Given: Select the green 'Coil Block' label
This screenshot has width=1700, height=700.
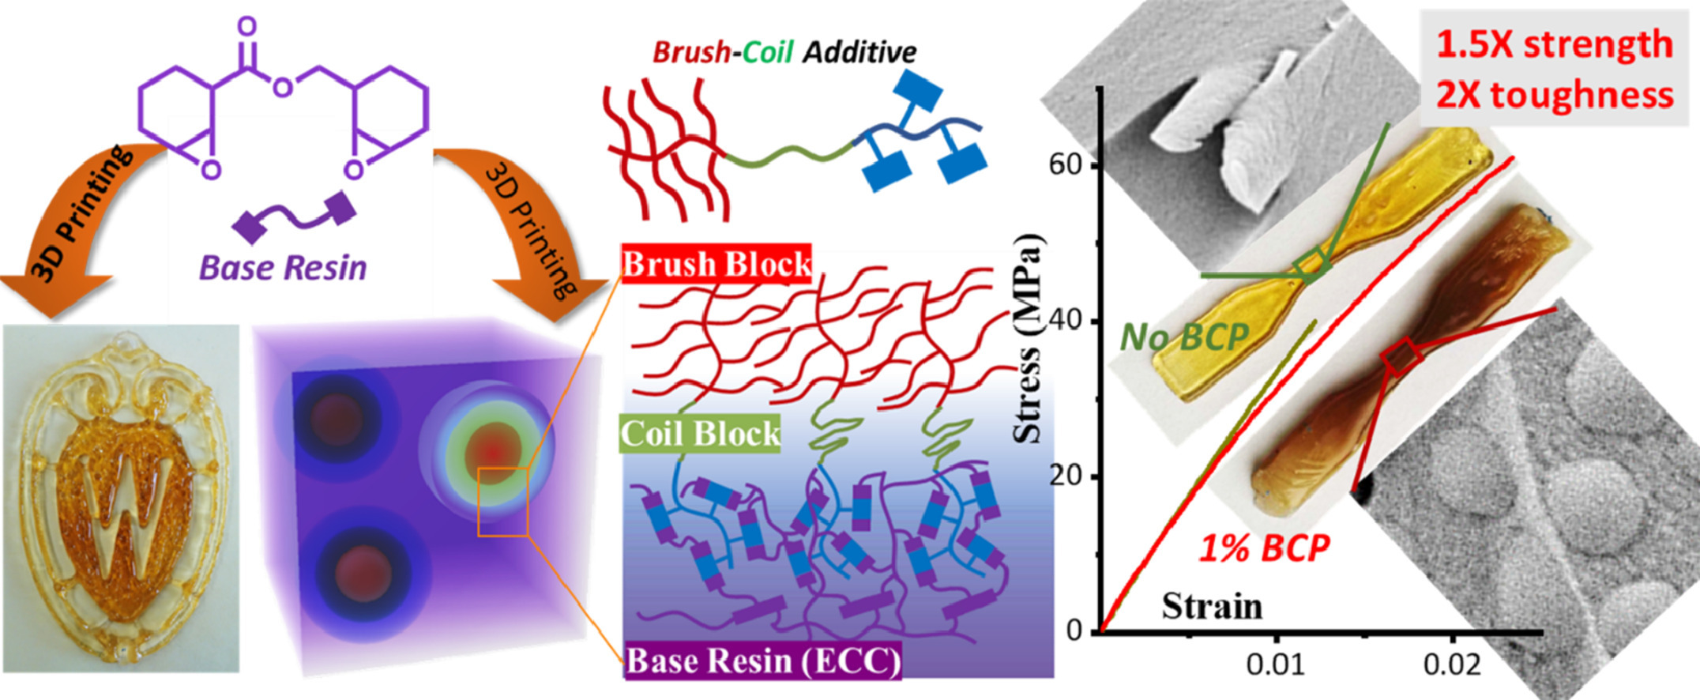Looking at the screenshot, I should pos(700,434).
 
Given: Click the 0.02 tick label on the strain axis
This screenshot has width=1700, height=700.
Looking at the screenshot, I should pos(1452,664).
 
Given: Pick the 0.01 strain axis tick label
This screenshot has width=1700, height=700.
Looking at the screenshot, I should pos(1275,664).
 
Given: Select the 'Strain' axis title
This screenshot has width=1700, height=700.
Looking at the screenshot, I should pos(1212,607).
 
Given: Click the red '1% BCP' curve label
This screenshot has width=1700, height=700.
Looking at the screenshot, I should pos(1264,548).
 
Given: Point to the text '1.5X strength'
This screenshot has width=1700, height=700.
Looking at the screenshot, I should pos(1554,44).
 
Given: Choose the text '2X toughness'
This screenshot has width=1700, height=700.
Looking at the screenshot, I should pos(1554,95).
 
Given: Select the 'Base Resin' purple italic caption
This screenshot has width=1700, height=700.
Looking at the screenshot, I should pos(283,268).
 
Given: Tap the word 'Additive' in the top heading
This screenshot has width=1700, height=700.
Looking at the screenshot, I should pos(859,52).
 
